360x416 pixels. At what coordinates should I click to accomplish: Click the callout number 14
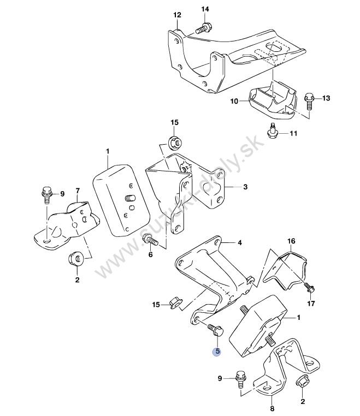205,9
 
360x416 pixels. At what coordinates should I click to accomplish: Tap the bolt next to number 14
203,27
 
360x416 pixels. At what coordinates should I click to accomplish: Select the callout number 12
176,15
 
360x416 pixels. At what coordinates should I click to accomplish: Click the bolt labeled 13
309,101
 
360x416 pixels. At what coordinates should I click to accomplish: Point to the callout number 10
234,101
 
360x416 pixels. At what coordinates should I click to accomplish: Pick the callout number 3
245,187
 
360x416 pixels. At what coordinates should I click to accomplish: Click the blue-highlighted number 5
217,352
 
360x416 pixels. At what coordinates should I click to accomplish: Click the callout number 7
77,191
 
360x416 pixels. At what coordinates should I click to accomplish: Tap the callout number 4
239,242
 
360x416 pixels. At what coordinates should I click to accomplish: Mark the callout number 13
326,98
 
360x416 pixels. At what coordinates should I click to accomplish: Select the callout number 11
293,133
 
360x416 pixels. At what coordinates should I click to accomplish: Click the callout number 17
311,304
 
